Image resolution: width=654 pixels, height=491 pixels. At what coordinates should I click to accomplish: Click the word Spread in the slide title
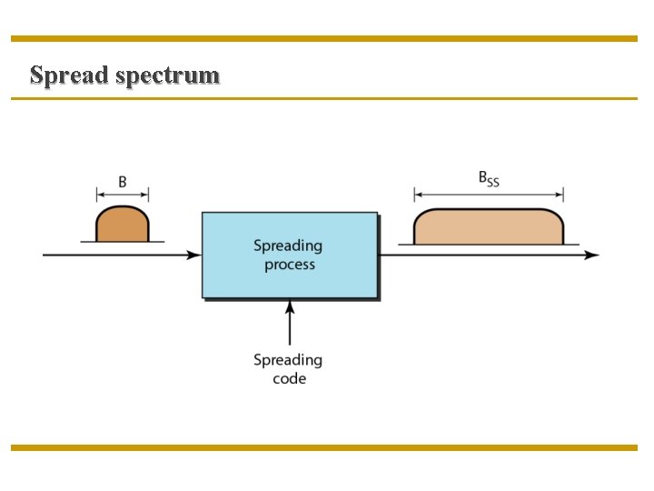[69, 75]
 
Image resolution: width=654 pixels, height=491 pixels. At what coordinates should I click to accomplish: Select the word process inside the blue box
[290, 266]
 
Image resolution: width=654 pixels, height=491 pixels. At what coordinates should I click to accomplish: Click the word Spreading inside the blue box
[288, 245]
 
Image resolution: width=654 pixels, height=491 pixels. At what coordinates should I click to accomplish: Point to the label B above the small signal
[123, 181]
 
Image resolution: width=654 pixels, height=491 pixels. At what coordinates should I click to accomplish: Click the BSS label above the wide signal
[489, 179]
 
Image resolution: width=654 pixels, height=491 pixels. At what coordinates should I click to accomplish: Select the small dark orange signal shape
[122, 225]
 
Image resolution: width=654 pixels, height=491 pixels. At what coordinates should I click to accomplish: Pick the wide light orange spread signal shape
[489, 227]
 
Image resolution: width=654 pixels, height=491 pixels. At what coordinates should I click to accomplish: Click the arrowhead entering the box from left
[194, 256]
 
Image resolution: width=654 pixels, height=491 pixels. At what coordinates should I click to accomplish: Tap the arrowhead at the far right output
[592, 256]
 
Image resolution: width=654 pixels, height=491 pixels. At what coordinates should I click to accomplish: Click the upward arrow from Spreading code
[290, 323]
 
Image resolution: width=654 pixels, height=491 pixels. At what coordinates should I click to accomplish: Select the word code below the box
[289, 378]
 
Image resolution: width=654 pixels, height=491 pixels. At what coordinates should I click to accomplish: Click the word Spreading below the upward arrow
[288, 360]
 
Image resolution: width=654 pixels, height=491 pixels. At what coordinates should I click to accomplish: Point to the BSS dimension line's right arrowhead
[560, 194]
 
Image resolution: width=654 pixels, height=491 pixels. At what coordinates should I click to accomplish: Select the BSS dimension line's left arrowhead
[418, 194]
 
